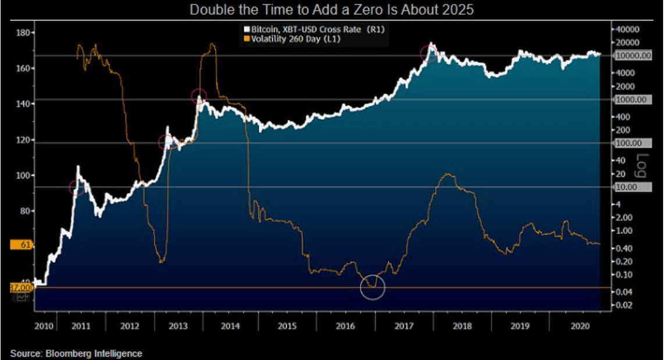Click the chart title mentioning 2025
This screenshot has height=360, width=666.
[333, 10]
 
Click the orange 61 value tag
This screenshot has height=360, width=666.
[22, 245]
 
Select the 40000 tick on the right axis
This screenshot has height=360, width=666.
[628, 29]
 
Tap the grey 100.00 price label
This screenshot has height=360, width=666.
[629, 143]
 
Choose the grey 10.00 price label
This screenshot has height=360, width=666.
[628, 187]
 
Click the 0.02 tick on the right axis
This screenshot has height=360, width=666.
[625, 305]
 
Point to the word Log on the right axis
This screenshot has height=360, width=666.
[642, 165]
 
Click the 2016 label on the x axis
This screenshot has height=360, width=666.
[346, 326]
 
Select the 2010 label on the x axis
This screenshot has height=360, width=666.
[44, 326]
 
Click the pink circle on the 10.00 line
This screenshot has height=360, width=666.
[76, 187]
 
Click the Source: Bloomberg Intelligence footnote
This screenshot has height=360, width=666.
[76, 353]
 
